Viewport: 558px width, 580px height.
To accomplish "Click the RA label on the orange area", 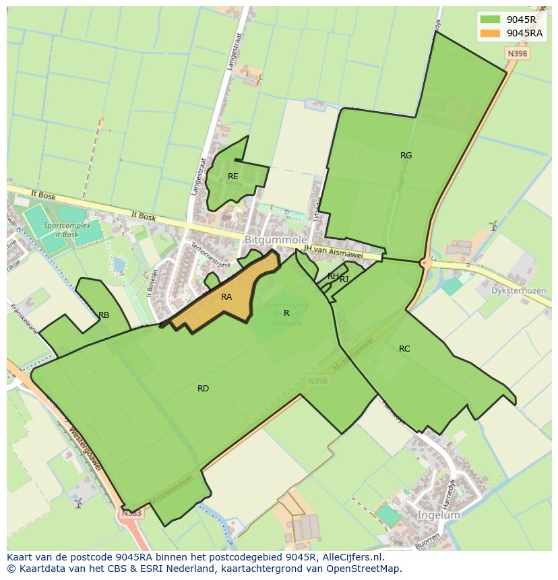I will coord(226,296).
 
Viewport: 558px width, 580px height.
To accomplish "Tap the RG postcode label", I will coord(406,156).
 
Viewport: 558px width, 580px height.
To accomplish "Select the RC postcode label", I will coord(404,349).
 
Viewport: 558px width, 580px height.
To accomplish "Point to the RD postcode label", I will coord(203,389).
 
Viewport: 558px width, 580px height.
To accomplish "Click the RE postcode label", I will coord(233,176).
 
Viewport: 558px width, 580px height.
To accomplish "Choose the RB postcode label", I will coord(104,315).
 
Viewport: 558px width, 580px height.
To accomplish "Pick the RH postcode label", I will coord(333,276).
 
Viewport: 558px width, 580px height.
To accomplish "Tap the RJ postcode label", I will coord(344,280).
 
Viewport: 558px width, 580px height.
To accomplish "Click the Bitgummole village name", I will coord(276,240).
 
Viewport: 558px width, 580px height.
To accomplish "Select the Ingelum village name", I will coord(439,515).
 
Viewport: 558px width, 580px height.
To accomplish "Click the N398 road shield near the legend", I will coord(517,53).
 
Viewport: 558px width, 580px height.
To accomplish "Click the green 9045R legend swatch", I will coord(490,20).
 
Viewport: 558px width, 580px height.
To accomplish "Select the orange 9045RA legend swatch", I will coord(490,33).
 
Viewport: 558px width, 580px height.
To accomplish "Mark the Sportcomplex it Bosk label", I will coord(61,230).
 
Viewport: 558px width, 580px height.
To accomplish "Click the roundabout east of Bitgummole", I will coord(425,263).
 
